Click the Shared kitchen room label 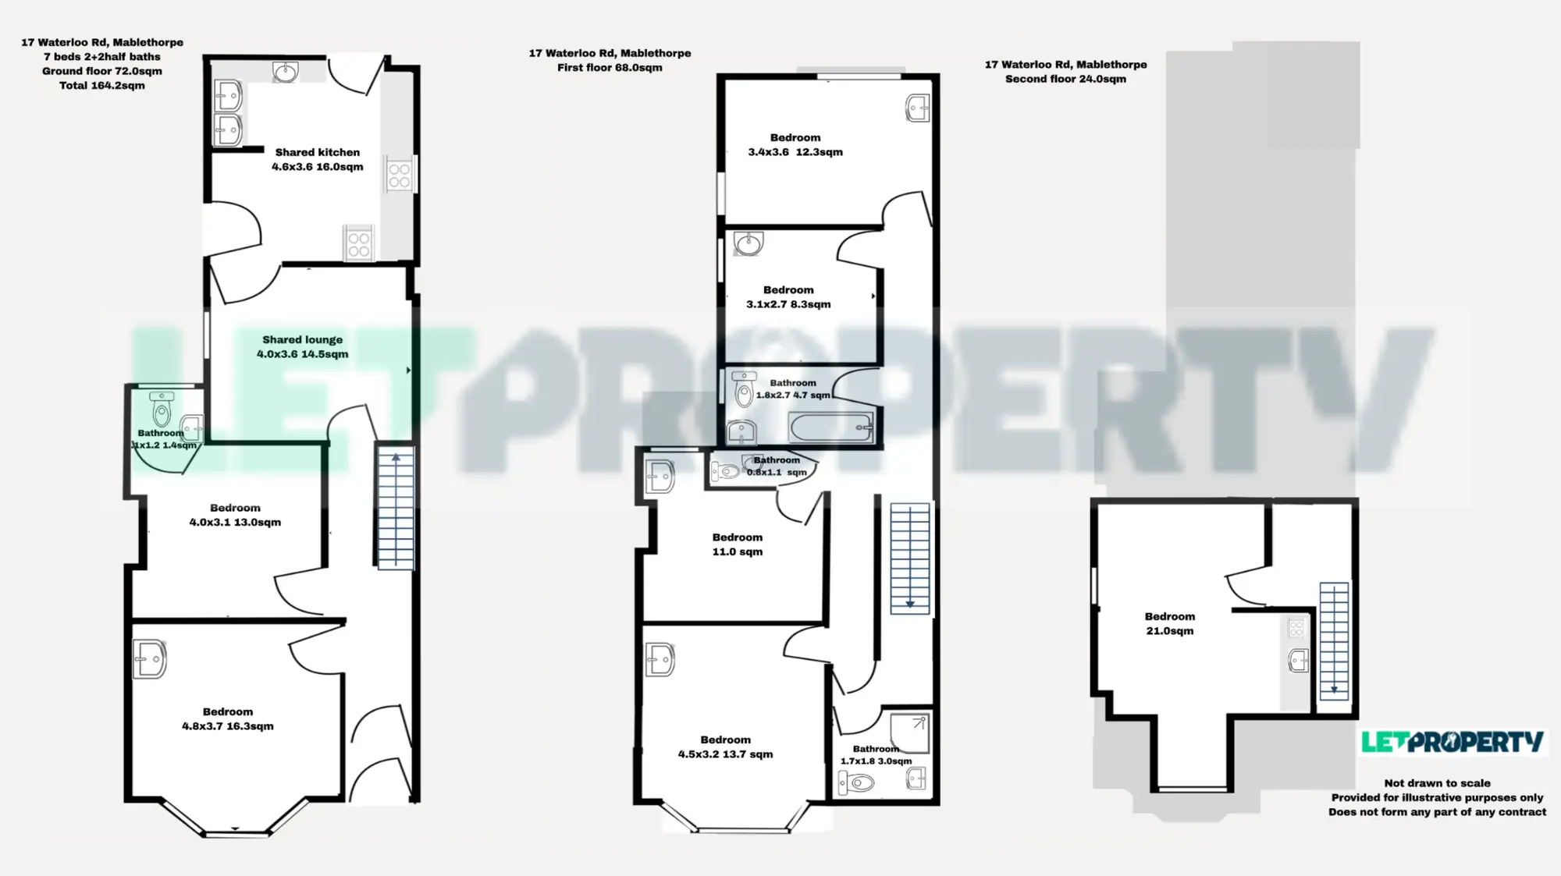[x=317, y=159]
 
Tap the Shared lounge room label [x=303, y=346]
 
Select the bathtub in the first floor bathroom [x=831, y=427]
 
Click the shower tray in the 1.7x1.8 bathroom [x=909, y=732]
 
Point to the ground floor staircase [x=396, y=506]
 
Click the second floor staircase [x=1334, y=640]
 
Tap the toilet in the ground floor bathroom [x=162, y=408]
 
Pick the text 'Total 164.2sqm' [x=102, y=85]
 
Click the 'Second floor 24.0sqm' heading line [x=1065, y=79]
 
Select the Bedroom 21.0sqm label [x=1169, y=623]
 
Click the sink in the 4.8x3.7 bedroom [x=149, y=659]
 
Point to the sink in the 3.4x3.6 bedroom [x=918, y=108]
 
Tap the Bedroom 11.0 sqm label [x=738, y=544]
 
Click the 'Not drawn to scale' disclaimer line [x=1437, y=783]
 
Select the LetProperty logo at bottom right [x=1453, y=742]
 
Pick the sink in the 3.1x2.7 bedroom [x=748, y=243]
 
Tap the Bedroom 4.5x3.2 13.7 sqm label [x=725, y=747]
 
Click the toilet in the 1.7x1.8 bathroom [x=856, y=782]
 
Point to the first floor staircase [x=910, y=558]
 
